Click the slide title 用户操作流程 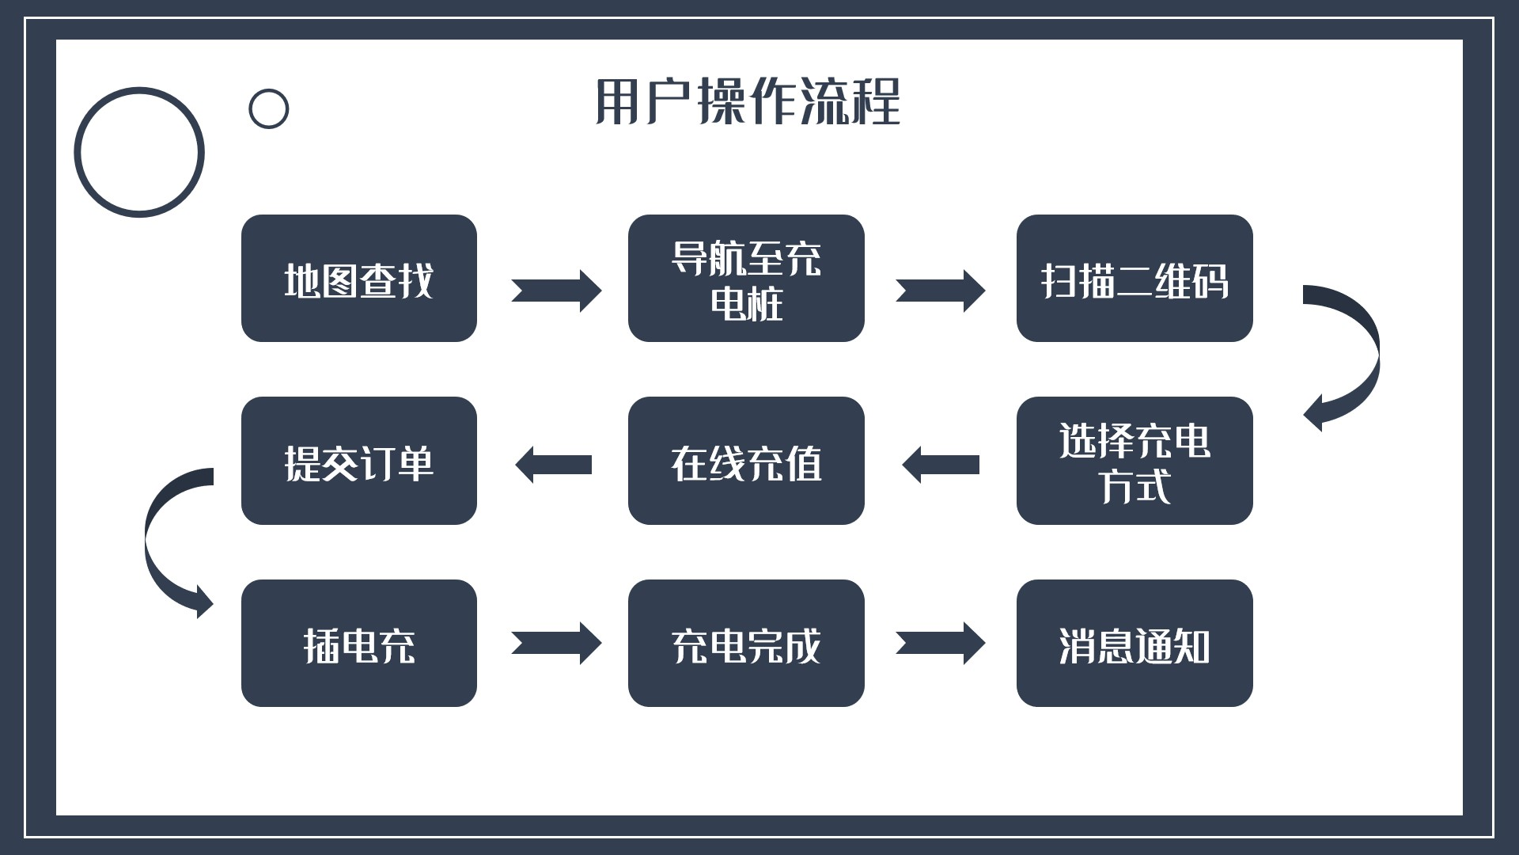(747, 102)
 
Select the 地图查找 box (358, 279)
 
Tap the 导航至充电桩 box (746, 279)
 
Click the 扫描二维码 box (1135, 279)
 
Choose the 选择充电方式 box (1135, 461)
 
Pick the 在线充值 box (746, 461)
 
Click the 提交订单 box (358, 461)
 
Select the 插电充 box (358, 644)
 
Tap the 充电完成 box (746, 644)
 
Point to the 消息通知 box (1135, 644)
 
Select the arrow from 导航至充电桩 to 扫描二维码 (940, 291)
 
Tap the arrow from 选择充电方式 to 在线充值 (941, 465)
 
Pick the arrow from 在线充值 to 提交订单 (554, 465)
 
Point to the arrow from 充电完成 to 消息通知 (940, 643)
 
